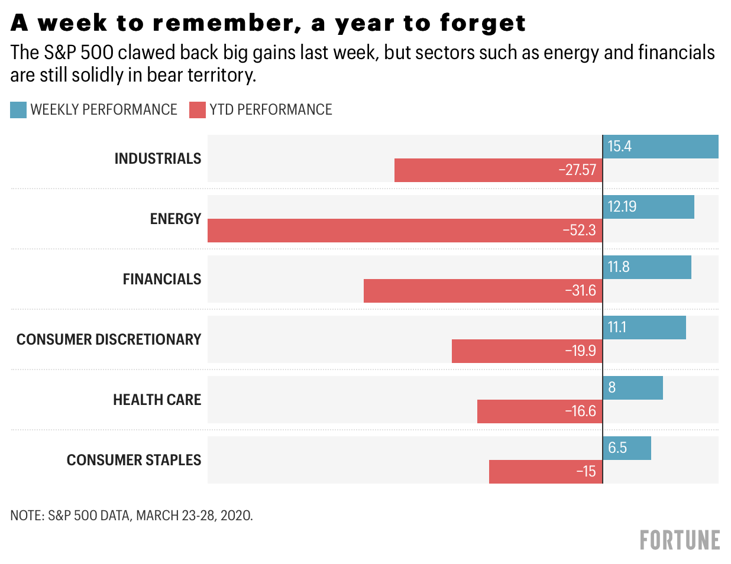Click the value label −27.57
577,170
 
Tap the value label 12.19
622,207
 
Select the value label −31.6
580,291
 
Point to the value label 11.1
617,328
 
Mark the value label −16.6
580,411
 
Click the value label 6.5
617,448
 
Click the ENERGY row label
176,219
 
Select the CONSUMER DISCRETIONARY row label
109,340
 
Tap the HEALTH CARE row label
157,400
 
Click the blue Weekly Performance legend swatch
18,110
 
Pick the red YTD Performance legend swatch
198,110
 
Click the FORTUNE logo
680,540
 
